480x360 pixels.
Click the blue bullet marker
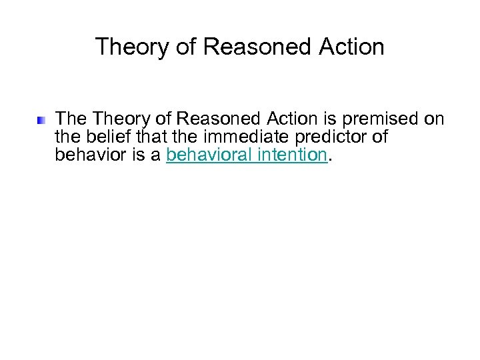pyautogui.click(x=41, y=121)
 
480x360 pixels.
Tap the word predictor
pyautogui.click(x=319, y=137)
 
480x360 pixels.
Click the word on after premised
pyautogui.click(x=434, y=119)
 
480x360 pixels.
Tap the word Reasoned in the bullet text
pyautogui.click(x=223, y=119)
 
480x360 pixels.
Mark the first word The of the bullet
pyautogui.click(x=71, y=119)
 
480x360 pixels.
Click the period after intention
pyautogui.click(x=329, y=160)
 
